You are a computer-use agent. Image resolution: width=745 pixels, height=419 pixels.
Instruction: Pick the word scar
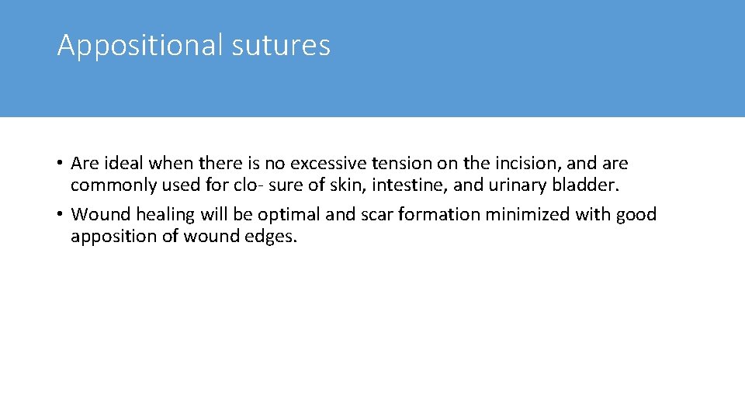376,214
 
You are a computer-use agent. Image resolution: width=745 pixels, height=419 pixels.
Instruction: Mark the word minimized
527,214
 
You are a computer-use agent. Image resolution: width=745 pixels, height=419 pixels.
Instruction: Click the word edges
270,237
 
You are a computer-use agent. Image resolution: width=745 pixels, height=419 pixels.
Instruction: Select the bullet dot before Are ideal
61,164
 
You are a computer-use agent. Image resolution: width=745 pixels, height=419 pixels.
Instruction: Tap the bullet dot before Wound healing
61,214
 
